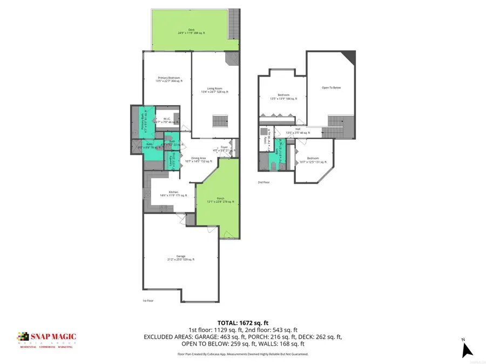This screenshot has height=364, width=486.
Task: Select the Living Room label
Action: coord(215,90)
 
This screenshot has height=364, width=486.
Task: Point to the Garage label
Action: coord(180,258)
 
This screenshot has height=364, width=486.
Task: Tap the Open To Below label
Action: coord(331,87)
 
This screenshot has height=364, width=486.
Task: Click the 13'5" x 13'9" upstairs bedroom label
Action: coord(283,97)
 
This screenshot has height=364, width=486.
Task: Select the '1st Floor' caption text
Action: coord(148,300)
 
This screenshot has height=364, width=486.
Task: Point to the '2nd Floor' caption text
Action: coord(264,182)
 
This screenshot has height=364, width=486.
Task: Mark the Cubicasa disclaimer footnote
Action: coord(242,354)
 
